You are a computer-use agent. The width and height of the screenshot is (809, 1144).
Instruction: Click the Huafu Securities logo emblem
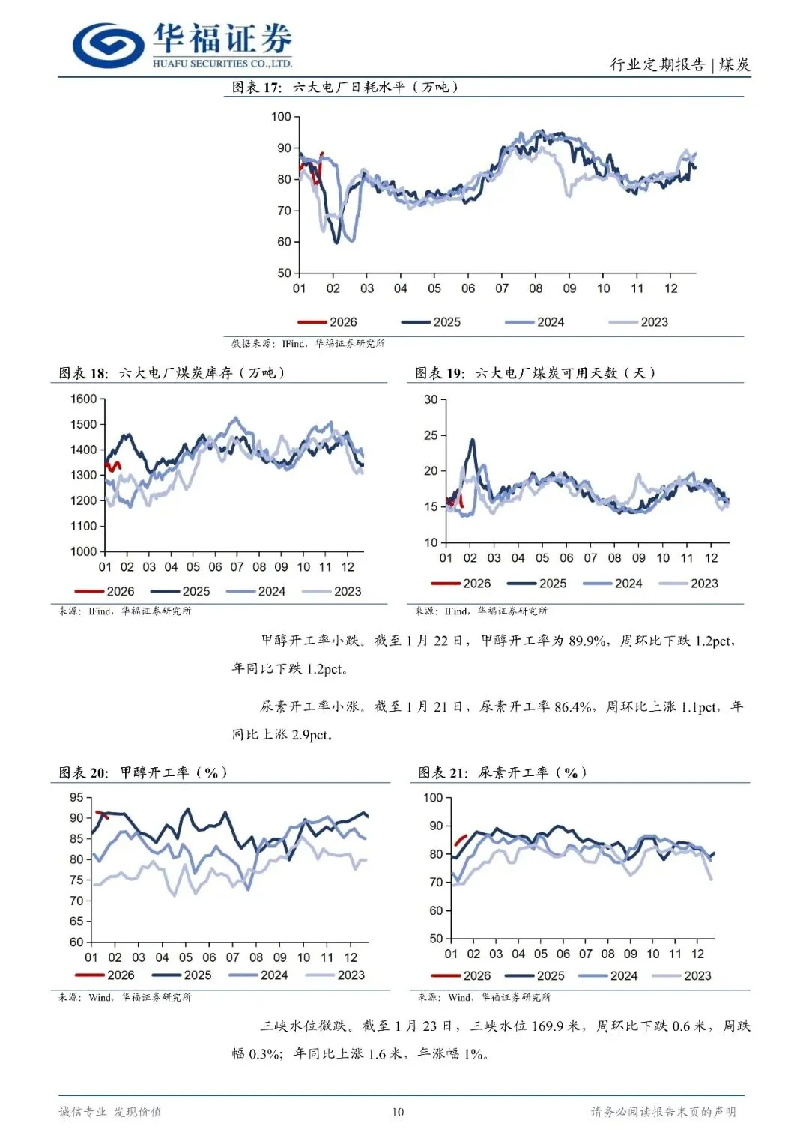point(108,44)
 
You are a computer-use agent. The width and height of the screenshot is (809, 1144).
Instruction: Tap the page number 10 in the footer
point(398,1112)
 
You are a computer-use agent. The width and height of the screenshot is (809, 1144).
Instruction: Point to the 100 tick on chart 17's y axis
point(281,117)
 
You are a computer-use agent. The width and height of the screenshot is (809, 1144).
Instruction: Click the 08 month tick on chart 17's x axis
point(536,288)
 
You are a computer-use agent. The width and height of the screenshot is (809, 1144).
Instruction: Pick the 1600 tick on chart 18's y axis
point(84,399)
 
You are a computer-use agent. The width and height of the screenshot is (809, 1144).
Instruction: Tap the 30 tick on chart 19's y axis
point(431,399)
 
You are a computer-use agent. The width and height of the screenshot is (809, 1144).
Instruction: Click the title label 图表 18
point(83,373)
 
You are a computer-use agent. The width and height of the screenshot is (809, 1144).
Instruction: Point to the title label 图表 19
point(440,373)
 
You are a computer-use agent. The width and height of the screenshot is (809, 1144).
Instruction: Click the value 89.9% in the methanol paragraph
point(586,641)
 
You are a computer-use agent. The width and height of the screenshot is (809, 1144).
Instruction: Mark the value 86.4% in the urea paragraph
point(573,706)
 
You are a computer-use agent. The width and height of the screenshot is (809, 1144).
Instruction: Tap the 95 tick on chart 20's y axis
point(76,797)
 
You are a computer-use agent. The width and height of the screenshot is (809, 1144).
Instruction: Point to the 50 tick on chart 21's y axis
point(436,939)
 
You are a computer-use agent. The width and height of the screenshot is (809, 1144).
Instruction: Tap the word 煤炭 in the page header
point(734,64)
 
